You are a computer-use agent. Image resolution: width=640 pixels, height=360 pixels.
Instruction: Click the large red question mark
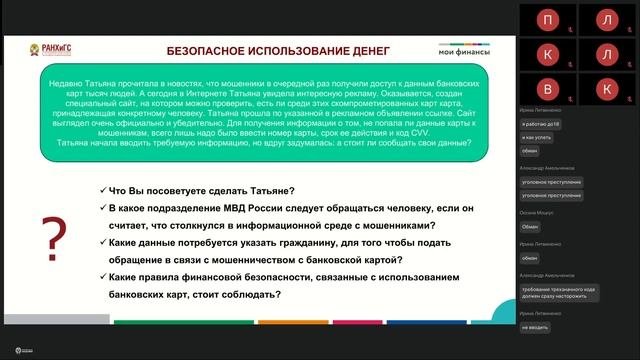tap(53, 240)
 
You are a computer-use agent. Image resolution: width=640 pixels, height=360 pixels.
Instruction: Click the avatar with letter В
tap(547, 89)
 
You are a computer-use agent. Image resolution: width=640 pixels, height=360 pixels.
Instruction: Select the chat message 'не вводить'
tap(537, 325)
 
